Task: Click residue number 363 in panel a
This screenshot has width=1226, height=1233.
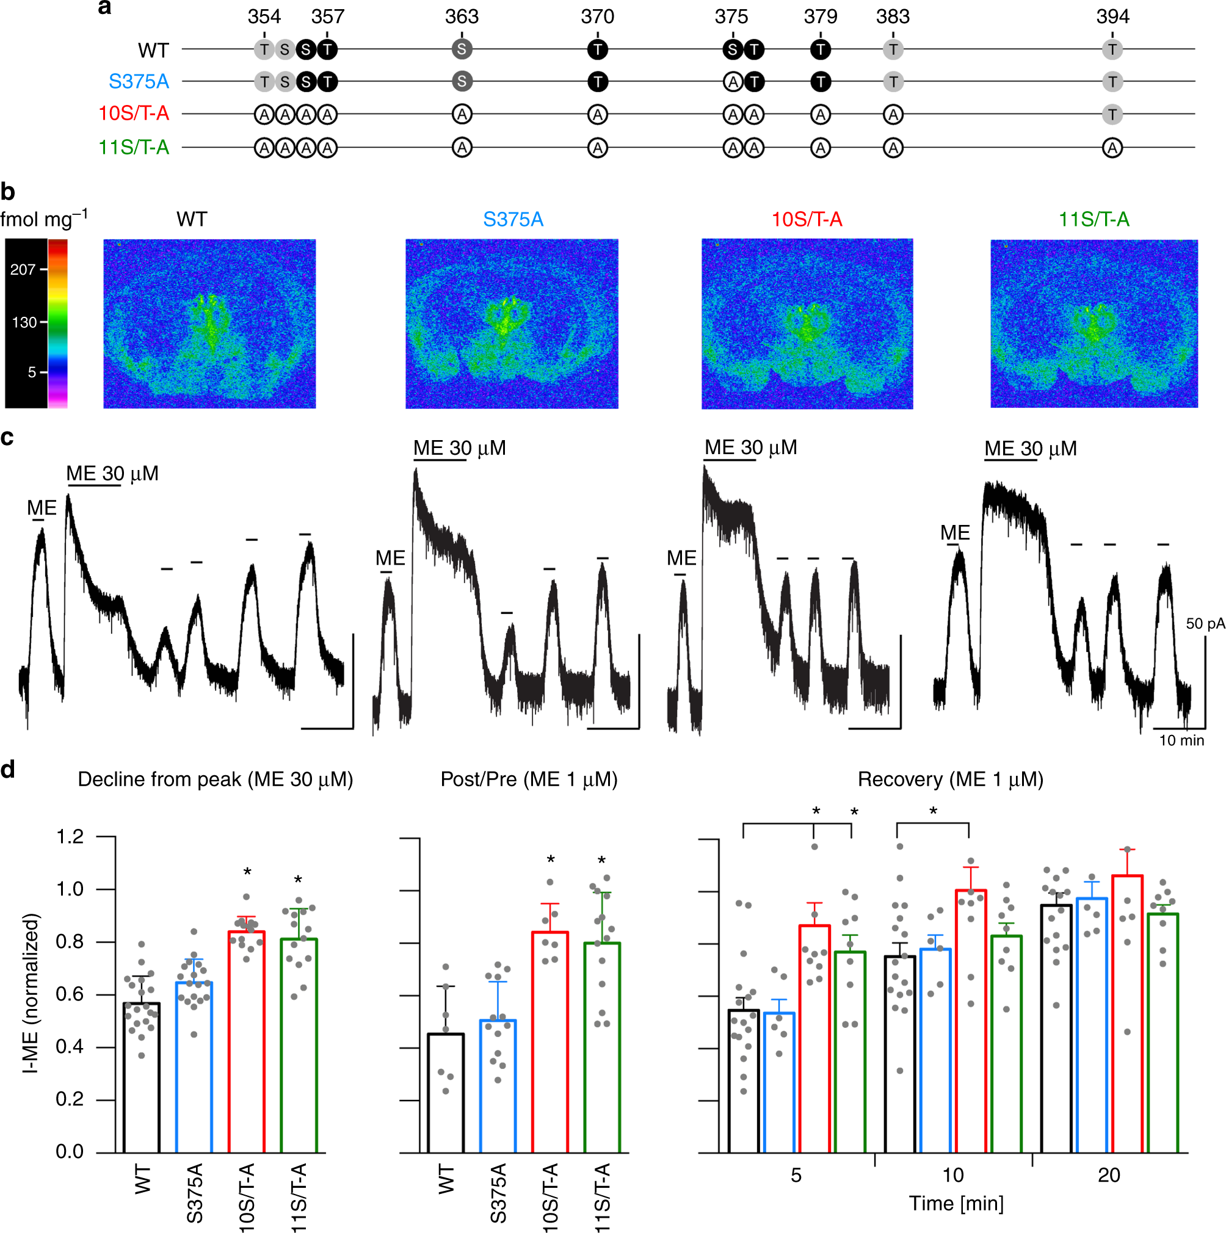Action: [x=462, y=16]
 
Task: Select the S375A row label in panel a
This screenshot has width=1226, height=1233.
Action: [x=139, y=82]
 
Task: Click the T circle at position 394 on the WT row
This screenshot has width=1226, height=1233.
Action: [x=1112, y=49]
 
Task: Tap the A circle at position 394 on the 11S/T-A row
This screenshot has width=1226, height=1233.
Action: [x=1112, y=148]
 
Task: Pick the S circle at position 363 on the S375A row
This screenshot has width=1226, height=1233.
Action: [x=462, y=82]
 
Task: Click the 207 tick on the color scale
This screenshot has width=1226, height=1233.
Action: [x=23, y=269]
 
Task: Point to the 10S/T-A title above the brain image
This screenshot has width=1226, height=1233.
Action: [x=807, y=220]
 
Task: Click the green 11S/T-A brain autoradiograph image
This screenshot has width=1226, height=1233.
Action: [x=1094, y=324]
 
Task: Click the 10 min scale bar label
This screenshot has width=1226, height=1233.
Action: [x=1181, y=740]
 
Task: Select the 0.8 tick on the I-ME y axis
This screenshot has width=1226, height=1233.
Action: [x=70, y=942]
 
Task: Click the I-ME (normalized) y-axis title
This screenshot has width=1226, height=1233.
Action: [x=31, y=993]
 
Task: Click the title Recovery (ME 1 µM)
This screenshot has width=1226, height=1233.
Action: [x=949, y=780]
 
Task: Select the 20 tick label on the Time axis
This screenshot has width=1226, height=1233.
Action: [x=1109, y=1175]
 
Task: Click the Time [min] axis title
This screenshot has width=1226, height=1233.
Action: [x=956, y=1204]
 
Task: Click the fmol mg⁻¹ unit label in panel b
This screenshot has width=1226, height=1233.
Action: [x=43, y=219]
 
